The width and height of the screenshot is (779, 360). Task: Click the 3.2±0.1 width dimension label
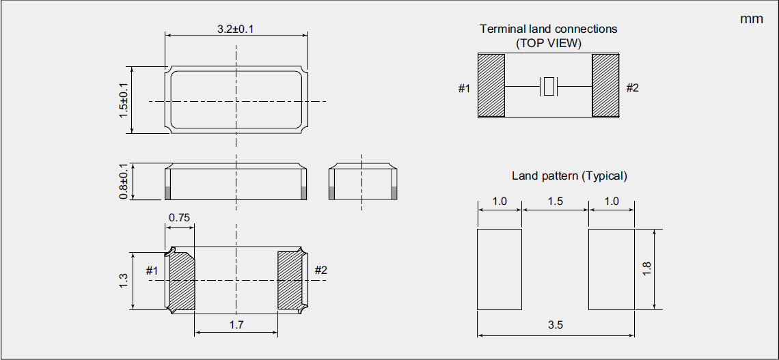tap(236, 29)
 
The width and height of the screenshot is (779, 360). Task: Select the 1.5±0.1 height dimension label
tap(124, 100)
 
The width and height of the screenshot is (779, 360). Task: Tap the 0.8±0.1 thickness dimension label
tap(124, 182)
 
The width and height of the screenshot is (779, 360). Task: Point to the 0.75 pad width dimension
tap(180, 217)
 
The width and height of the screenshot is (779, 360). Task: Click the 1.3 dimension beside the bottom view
tap(124, 280)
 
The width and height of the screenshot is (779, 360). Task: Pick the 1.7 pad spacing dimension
tap(236, 325)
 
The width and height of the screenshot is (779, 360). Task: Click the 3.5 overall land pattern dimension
tap(555, 325)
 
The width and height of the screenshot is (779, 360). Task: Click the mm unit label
tap(751, 19)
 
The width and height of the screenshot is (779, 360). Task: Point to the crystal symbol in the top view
tap(548, 87)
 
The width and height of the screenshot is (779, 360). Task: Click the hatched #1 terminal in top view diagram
tap(491, 85)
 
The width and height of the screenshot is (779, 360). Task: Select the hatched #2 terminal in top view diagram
tap(605, 85)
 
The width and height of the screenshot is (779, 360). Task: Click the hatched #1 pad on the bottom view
tap(182, 280)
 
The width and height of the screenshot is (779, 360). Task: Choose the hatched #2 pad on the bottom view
tap(290, 280)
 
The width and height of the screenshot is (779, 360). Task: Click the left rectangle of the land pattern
tap(500, 269)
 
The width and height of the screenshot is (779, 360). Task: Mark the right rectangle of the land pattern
tap(612, 269)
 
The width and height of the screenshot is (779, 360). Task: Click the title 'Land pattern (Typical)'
tap(569, 176)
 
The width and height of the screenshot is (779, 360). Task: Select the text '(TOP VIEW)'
tap(548, 42)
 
